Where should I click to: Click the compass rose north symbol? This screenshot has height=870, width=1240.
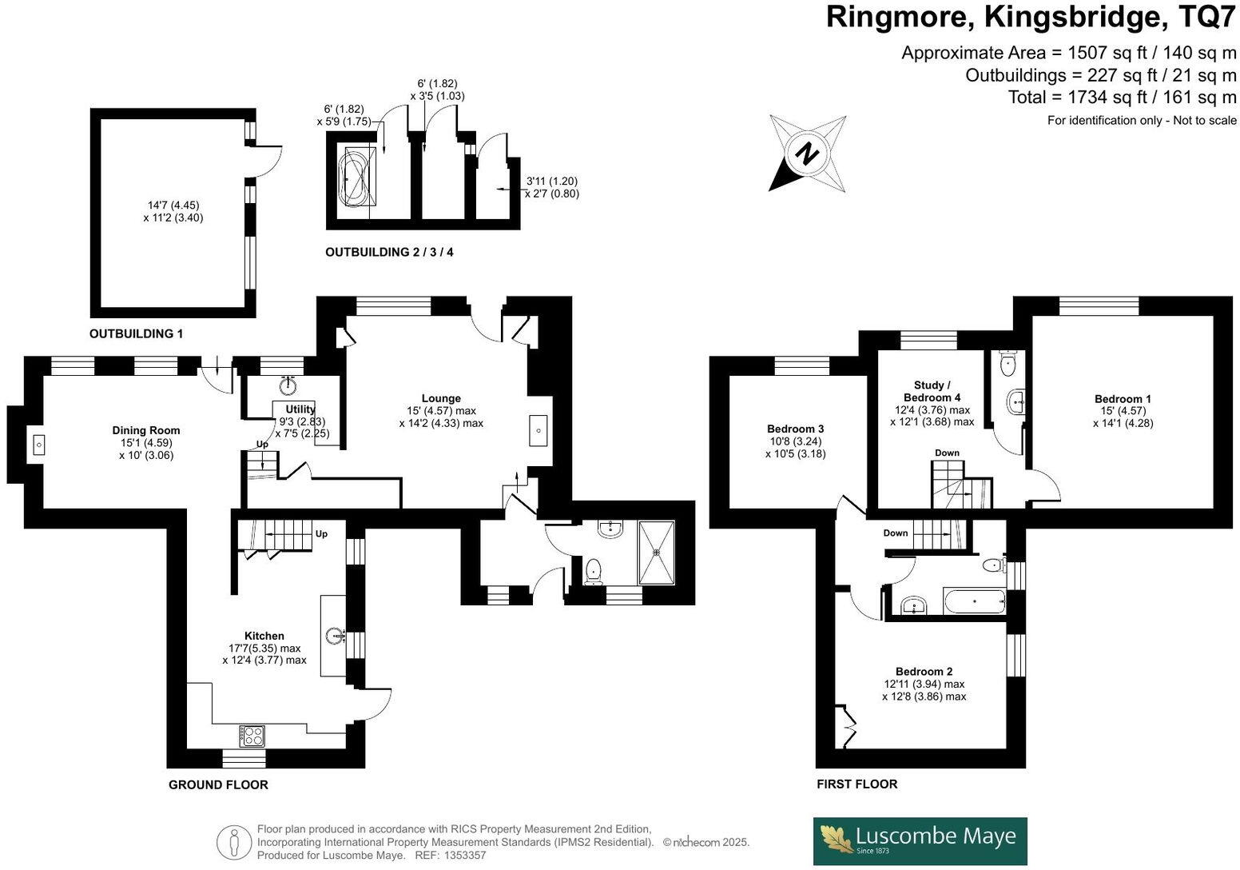(x=809, y=153)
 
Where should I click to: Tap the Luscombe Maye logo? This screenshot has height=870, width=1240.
(x=920, y=840)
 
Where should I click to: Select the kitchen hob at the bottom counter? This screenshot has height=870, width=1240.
(x=252, y=734)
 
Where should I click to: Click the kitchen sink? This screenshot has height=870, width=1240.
(x=334, y=636)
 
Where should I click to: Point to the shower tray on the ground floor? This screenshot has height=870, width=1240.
(x=656, y=552)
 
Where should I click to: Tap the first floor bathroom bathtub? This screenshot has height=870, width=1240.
(x=974, y=601)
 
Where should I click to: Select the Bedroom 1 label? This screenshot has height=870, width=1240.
(x=1123, y=399)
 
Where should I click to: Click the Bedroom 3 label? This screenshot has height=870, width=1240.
(x=795, y=429)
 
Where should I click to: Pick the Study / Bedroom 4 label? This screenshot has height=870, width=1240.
(x=932, y=391)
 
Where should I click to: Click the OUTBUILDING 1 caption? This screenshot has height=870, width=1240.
(x=136, y=333)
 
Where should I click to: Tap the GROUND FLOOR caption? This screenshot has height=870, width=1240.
(x=218, y=784)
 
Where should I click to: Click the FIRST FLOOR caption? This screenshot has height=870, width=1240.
(x=856, y=784)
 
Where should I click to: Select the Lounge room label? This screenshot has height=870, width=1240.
(x=441, y=398)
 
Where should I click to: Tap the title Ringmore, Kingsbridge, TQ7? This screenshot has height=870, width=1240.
(x=1031, y=17)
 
